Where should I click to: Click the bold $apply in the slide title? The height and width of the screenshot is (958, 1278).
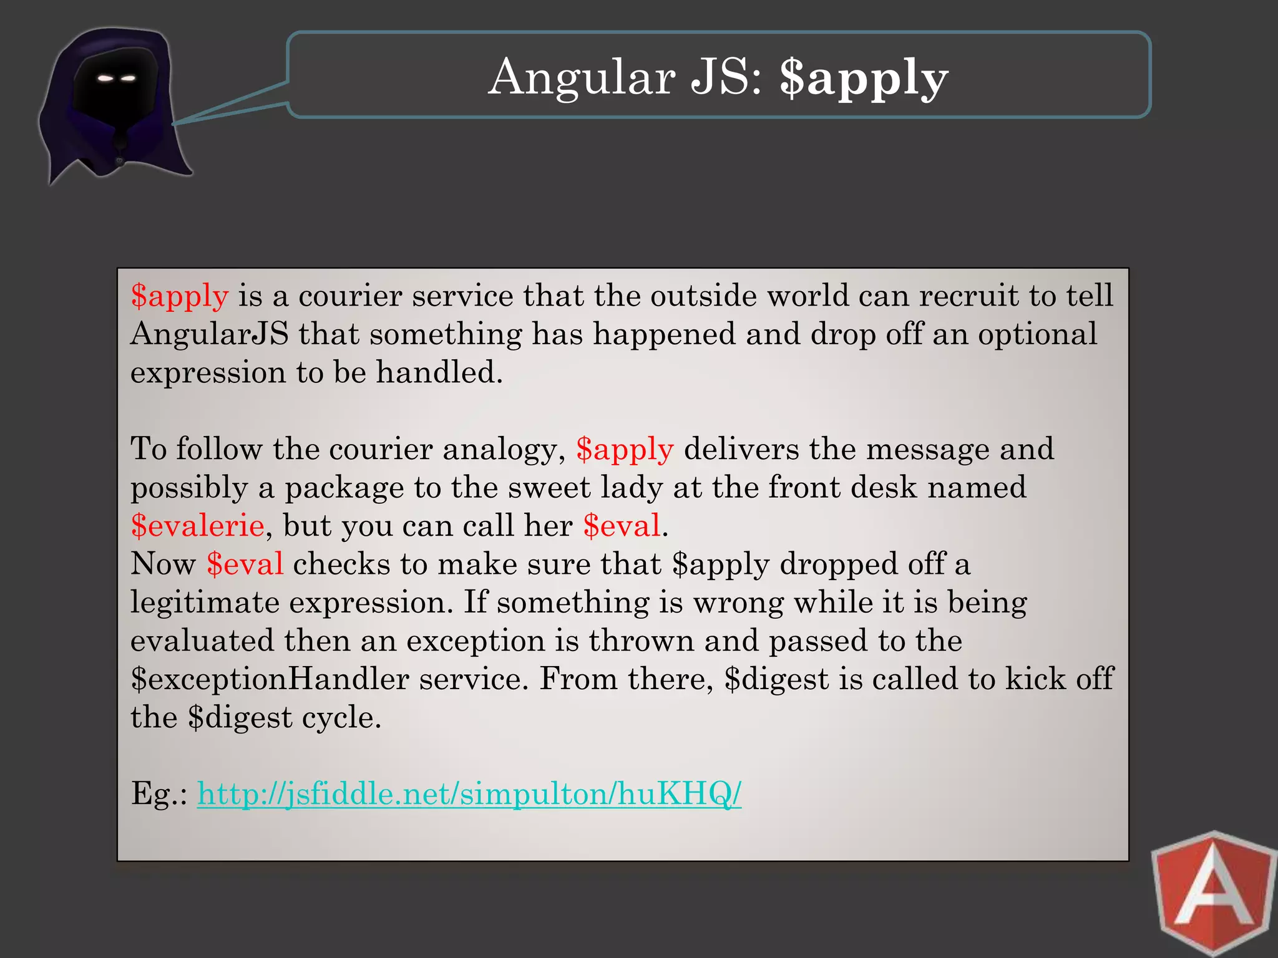pos(864,77)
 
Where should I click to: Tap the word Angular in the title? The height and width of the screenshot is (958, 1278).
pos(582,77)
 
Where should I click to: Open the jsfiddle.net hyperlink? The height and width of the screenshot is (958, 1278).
pos(469,794)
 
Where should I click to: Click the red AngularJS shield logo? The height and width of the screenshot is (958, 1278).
pos(1212,895)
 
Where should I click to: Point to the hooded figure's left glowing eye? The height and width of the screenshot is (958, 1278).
pos(105,78)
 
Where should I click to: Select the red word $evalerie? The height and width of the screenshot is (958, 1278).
pos(197,525)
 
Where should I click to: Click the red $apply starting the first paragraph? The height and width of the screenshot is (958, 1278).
pos(180,296)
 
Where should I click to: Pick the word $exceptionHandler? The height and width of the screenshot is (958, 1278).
pos(270,679)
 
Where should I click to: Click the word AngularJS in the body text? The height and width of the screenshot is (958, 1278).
pos(210,334)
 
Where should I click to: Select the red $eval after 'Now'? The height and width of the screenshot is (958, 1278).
pos(245,564)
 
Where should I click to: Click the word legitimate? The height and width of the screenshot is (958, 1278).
pos(205,602)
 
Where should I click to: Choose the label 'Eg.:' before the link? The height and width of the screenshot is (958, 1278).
pos(159,794)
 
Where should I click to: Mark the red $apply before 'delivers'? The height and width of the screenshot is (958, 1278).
pos(625,449)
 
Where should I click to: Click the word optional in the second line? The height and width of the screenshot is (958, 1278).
pos(1037,334)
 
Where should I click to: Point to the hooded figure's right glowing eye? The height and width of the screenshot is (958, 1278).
pos(127,78)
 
